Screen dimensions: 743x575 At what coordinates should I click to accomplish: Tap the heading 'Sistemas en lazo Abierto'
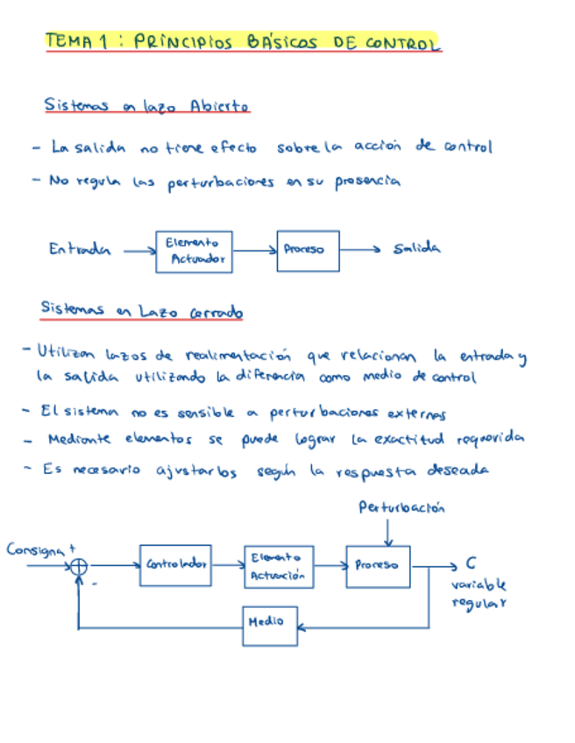click(146, 105)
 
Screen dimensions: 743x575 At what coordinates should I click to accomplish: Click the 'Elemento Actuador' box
click(194, 251)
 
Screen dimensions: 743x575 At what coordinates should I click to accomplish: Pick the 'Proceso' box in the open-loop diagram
click(307, 251)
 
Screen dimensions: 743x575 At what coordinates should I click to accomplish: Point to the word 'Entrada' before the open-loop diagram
click(80, 249)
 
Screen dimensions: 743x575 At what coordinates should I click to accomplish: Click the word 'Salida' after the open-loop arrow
click(416, 249)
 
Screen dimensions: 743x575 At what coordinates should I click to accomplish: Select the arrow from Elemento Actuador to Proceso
click(254, 251)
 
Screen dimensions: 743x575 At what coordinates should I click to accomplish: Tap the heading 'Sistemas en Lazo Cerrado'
click(142, 310)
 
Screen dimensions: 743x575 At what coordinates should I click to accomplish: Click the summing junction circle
click(79, 567)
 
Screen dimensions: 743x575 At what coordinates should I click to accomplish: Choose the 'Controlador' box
click(174, 565)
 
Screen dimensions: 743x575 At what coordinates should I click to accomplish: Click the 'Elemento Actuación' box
click(278, 566)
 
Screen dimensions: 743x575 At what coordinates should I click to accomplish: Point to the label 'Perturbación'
click(401, 507)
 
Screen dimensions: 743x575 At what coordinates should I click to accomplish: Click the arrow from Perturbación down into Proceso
click(389, 532)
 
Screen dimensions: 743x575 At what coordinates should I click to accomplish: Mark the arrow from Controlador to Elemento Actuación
click(228, 566)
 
